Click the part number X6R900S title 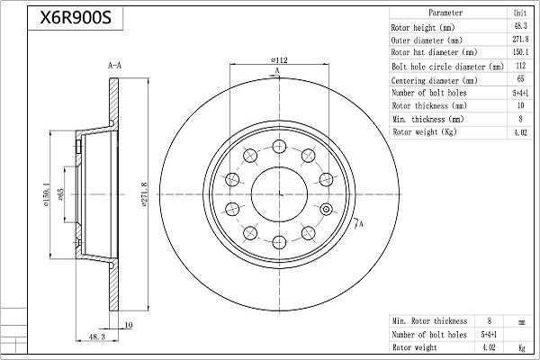coord(76,18)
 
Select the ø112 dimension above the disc coord(279,60)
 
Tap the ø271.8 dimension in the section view coord(145,194)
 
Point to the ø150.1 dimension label coord(47,194)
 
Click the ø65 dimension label coord(60,194)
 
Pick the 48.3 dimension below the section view coord(97,337)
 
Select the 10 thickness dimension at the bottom coord(128,325)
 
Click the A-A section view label coord(114,65)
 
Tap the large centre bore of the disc coord(279,194)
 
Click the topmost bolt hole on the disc coord(279,147)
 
